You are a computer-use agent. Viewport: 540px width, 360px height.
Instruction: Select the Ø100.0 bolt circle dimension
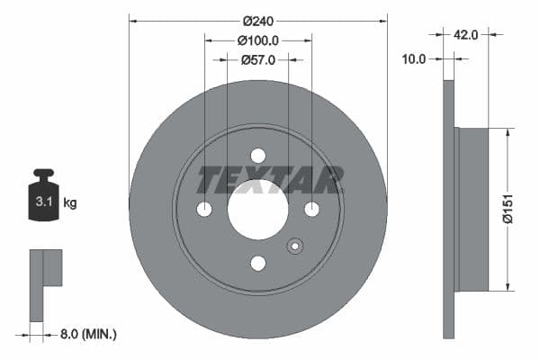point(258,40)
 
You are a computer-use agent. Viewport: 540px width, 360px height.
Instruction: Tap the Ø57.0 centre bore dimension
point(258,59)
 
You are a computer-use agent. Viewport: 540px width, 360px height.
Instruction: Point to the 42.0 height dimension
point(465,34)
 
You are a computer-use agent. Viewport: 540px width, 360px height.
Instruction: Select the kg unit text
point(70,203)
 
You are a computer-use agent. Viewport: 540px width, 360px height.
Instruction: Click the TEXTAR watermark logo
point(270,180)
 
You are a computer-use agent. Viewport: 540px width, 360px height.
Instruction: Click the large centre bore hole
point(258,209)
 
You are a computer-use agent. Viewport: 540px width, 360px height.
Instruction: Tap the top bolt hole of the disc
point(258,155)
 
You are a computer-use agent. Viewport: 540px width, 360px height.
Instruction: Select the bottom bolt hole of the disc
point(258,263)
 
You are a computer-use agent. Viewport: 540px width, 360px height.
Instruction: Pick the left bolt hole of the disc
point(204,209)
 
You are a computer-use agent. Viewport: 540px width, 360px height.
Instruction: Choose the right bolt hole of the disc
point(312,209)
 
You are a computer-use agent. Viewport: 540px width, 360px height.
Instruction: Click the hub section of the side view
point(472,209)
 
